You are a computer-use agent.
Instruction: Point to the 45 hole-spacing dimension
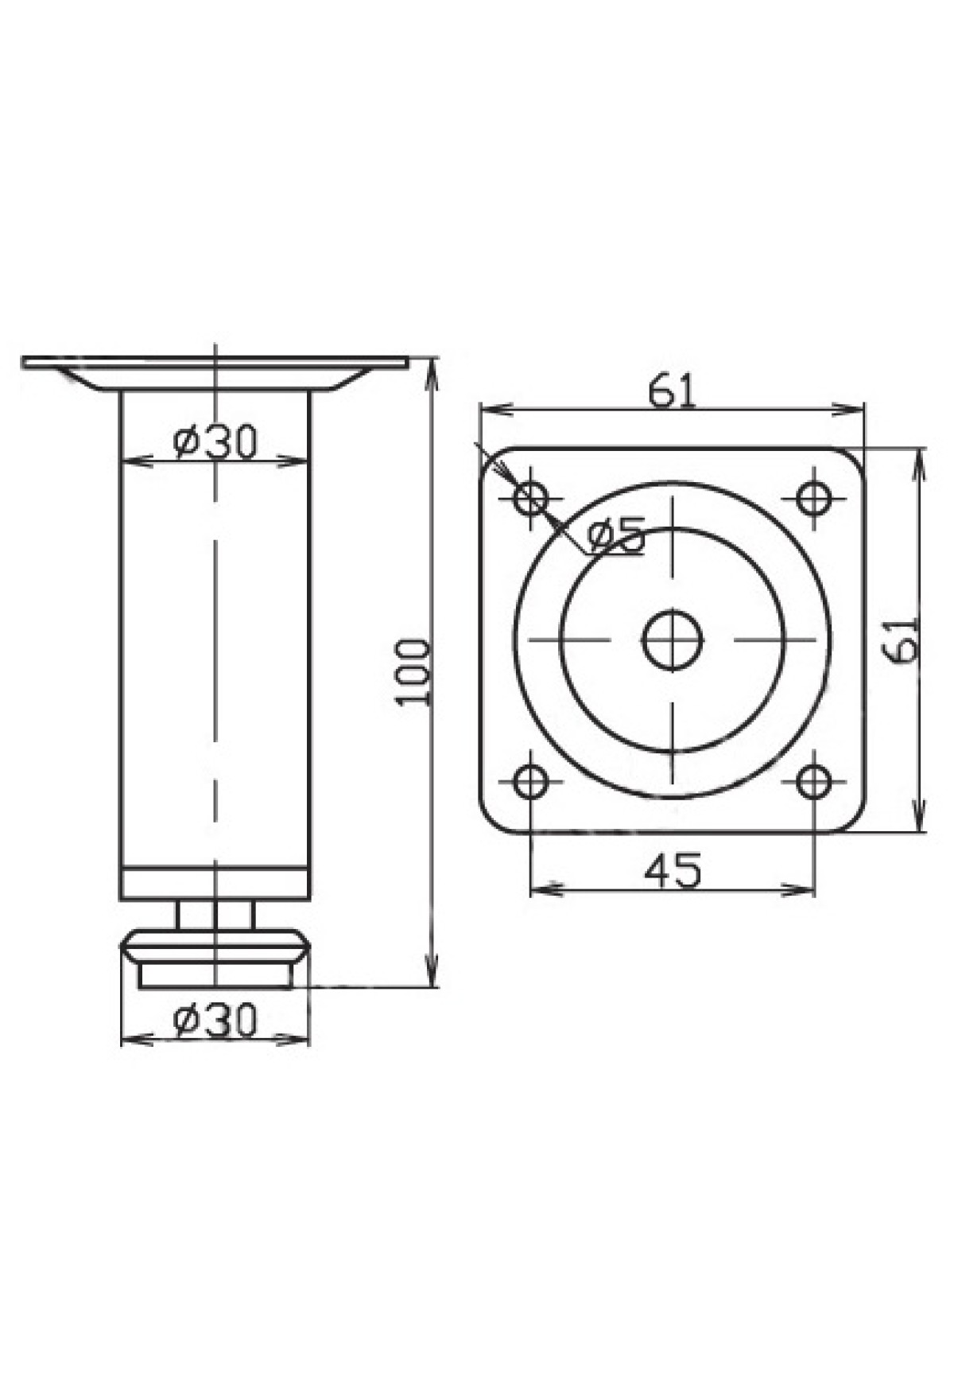tap(673, 870)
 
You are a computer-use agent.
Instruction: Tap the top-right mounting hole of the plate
tap(813, 500)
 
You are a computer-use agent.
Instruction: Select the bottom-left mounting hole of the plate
tap(531, 781)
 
